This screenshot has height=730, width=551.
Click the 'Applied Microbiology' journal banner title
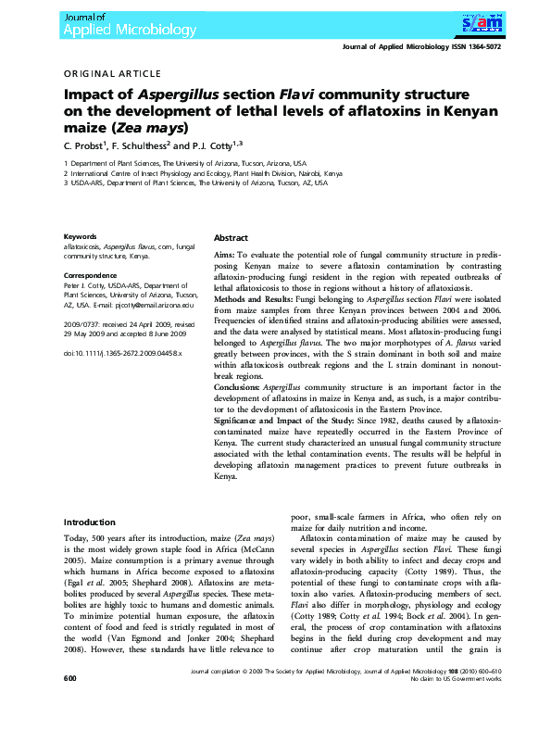(130, 29)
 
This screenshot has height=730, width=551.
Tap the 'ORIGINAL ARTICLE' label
(112, 73)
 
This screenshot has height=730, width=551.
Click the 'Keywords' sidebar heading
(80, 236)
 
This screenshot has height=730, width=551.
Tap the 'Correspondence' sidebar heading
(90, 276)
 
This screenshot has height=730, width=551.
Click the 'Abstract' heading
(231, 237)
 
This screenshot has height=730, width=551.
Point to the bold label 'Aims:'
(224, 253)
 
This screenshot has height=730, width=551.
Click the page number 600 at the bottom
(69, 706)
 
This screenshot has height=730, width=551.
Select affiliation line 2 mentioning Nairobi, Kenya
(203, 172)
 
